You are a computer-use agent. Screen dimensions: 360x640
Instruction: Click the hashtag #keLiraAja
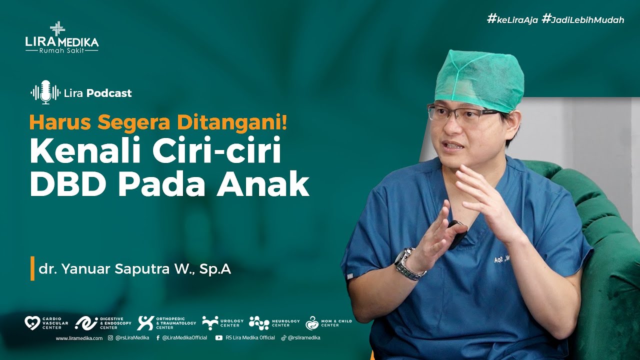[512, 19]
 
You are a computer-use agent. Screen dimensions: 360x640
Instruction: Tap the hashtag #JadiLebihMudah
[582, 19]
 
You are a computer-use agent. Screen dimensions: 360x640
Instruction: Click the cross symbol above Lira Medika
[57, 28]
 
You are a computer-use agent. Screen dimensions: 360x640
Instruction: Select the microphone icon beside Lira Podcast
[45, 92]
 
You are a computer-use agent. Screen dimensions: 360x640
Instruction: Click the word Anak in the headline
[270, 184]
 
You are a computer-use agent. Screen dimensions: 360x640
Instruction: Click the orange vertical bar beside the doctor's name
[32, 268]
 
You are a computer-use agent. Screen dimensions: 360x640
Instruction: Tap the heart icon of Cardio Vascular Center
[32, 323]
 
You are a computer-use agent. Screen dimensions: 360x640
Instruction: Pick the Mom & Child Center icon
[312, 323]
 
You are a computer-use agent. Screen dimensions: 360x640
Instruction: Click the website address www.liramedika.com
[79, 338]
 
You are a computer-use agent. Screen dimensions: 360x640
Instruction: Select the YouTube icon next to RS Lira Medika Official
[218, 338]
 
